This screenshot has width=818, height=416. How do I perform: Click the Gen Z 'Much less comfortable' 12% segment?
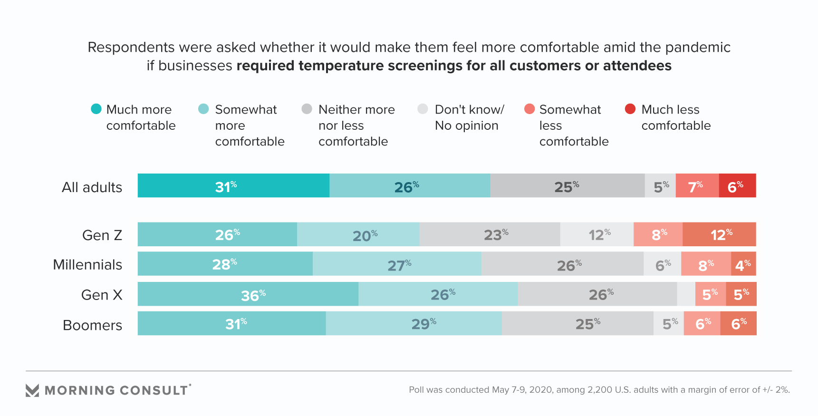pos(719,234)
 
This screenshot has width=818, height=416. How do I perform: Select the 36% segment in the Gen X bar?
pos(248,294)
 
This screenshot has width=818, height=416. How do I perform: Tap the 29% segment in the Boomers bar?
pos(414,324)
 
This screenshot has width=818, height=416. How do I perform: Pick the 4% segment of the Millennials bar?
pos(743,264)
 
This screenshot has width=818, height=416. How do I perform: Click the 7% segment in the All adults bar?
pos(697,186)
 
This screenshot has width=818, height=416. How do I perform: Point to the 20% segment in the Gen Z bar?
pos(358,234)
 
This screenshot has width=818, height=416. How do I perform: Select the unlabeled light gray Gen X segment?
pos(686,294)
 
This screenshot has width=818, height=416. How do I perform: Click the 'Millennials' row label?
pos(87,265)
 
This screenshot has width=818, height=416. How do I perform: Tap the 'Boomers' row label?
pos(92,325)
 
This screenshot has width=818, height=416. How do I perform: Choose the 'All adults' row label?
pos(92,187)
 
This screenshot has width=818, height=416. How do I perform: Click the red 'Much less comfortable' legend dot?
pos(630,109)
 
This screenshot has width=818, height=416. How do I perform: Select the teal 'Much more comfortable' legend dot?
pos(96,109)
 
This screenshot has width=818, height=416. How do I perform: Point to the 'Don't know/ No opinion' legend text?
pos(469,117)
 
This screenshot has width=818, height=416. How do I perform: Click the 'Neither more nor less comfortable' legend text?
pos(356,126)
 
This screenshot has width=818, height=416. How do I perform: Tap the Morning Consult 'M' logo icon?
pos(32,390)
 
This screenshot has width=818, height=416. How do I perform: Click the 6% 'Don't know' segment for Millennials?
pos(662,264)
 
